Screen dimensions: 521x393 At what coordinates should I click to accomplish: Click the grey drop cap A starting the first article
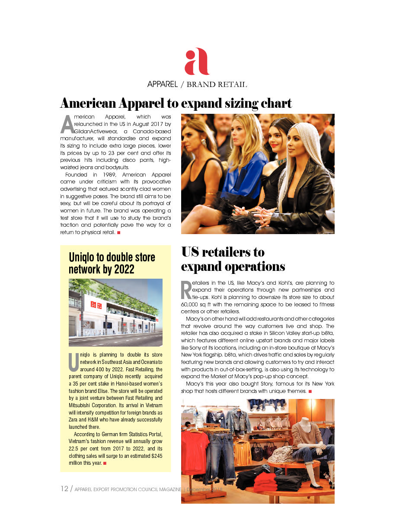[x=67, y=125]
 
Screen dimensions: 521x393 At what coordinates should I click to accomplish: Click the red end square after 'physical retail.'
[x=119, y=233]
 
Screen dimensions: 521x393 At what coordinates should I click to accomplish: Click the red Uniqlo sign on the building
[x=95, y=305]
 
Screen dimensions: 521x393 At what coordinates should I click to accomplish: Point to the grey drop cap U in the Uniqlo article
[x=74, y=363]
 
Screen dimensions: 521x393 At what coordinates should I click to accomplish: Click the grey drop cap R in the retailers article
[x=186, y=290]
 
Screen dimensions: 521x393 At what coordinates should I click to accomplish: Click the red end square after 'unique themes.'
[x=310, y=392]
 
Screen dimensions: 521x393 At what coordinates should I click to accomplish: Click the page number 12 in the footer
[x=64, y=489]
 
